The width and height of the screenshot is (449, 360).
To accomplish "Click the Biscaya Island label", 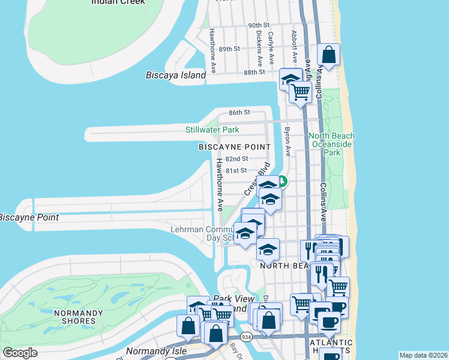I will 175,75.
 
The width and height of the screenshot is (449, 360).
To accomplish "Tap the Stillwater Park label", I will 212,130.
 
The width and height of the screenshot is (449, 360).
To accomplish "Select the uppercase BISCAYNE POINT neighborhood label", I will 235,147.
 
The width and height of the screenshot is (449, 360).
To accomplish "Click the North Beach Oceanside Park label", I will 331,145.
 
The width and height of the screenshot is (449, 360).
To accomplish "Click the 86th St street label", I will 238,112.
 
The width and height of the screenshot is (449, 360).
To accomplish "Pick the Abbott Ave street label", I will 294,47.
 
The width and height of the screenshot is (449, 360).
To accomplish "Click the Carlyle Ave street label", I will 271,48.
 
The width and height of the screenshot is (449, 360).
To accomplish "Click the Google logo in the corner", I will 20,353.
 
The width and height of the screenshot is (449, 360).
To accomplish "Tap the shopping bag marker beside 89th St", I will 329,55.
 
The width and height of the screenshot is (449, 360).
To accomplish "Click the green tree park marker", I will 282,181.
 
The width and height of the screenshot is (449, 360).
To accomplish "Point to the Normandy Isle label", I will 151,350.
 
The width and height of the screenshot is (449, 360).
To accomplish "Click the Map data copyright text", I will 423,355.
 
